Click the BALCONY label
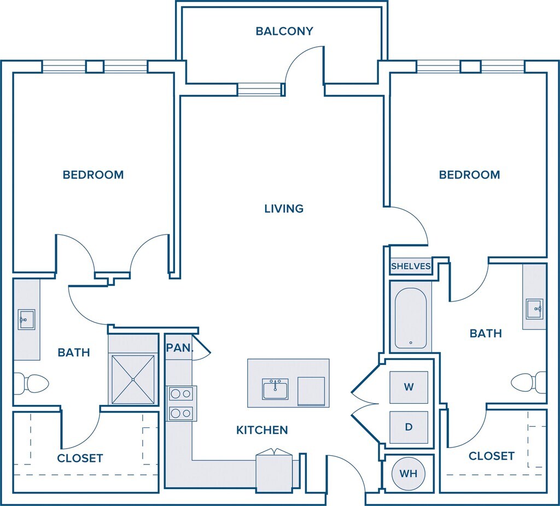pyautogui.click(x=284, y=31)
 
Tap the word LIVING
pyautogui.click(x=284, y=208)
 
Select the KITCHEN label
pyautogui.click(x=262, y=430)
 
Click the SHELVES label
pyautogui.click(x=411, y=267)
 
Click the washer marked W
pyautogui.click(x=409, y=387)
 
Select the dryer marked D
pyautogui.click(x=409, y=427)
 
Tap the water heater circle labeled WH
pyautogui.click(x=409, y=473)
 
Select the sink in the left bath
pyautogui.click(x=26, y=319)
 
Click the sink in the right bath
pyautogui.click(x=534, y=309)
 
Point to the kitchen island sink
pyautogui.click(x=275, y=389)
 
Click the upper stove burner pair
pyautogui.click(x=182, y=393)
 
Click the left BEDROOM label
pyautogui.click(x=93, y=175)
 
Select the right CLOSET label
pyautogui.click(x=491, y=455)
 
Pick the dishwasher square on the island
pyautogui.click(x=311, y=391)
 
